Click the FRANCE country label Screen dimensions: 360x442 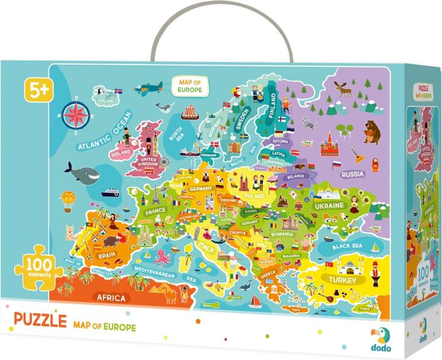(156, 212)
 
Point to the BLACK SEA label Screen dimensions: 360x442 (349, 246)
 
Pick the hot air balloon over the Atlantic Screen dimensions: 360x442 (68, 200)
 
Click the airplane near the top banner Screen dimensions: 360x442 (149, 86)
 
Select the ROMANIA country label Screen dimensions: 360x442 (283, 234)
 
